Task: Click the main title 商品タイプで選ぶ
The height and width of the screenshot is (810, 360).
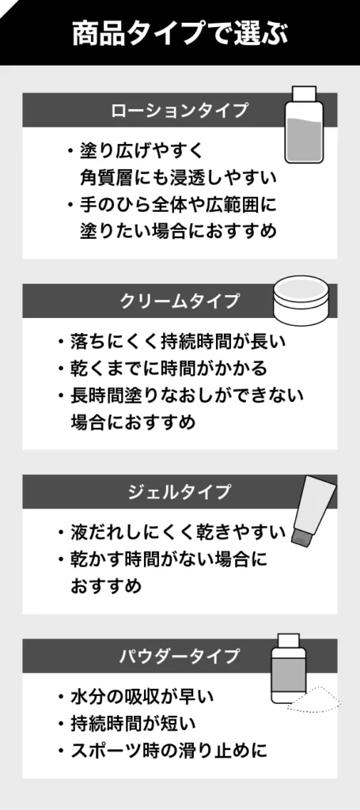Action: pos(180,33)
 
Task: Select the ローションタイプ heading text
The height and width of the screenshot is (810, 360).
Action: pos(180,111)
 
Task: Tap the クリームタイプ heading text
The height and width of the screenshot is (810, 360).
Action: pos(180,301)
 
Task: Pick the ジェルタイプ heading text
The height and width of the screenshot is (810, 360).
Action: pos(180,492)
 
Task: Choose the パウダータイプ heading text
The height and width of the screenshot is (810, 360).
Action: pos(180,656)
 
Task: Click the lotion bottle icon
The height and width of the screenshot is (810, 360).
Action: pos(304,125)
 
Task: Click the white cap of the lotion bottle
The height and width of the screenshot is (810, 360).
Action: pos(304,94)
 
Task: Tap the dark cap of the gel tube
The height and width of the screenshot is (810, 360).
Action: pos(301,536)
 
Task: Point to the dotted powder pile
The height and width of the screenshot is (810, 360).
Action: pos(315,700)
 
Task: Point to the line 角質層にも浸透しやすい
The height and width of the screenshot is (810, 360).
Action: pos(179,178)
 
